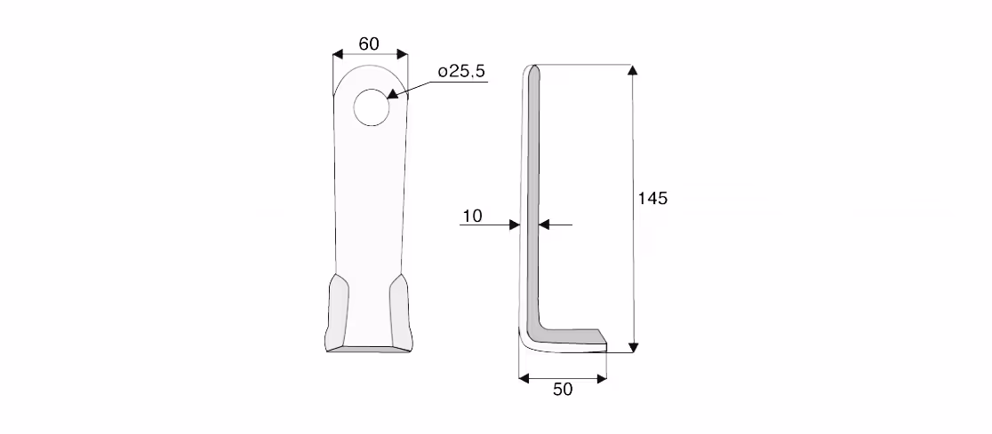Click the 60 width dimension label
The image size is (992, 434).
[369, 43]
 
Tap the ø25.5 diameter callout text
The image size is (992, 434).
[462, 71]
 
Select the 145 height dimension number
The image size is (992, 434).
[652, 199]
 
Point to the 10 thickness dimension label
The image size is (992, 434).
[472, 216]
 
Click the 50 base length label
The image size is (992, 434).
[563, 390]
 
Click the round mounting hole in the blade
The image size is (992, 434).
[372, 107]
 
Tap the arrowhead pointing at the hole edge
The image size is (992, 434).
[392, 94]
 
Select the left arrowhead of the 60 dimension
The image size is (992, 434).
[338, 54]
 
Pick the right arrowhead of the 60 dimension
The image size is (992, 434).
[403, 54]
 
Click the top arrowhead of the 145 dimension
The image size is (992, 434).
[632, 69]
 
